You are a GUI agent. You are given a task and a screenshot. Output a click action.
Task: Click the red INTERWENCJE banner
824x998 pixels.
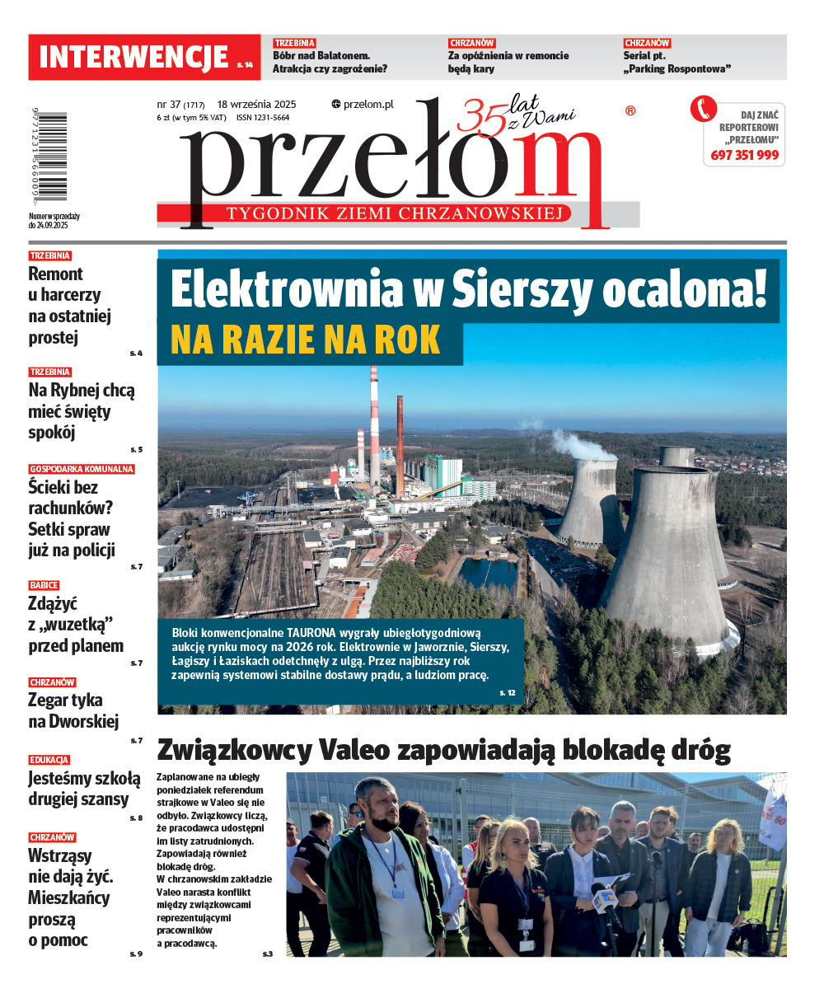click(144, 57)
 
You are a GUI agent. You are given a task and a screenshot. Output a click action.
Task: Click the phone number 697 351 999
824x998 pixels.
click(744, 155)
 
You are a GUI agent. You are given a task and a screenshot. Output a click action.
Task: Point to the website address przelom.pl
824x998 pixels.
click(363, 105)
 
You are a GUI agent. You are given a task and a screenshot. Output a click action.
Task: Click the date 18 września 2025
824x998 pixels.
click(256, 105)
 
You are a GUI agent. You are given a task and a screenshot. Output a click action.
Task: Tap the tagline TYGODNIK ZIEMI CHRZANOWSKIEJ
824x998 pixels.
click(399, 214)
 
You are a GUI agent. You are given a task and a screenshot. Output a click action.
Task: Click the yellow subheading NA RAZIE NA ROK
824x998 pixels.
click(306, 340)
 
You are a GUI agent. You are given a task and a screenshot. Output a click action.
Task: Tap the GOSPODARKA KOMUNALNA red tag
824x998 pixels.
click(82, 469)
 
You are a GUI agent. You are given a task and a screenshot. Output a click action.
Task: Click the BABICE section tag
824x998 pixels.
click(44, 585)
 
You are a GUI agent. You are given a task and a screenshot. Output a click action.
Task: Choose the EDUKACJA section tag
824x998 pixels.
click(49, 760)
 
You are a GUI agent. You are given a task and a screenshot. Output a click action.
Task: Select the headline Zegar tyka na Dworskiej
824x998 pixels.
click(73, 710)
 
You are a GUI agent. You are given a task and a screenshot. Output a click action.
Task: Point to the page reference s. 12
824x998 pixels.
click(507, 693)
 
